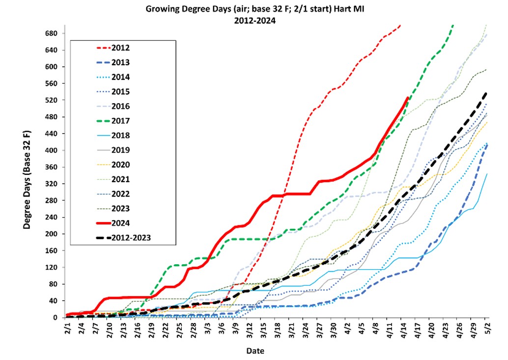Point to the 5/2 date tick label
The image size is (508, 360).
click(x=486, y=327)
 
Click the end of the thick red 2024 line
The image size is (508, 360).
click(x=408, y=98)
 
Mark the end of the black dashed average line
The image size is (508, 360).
click(x=486, y=92)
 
